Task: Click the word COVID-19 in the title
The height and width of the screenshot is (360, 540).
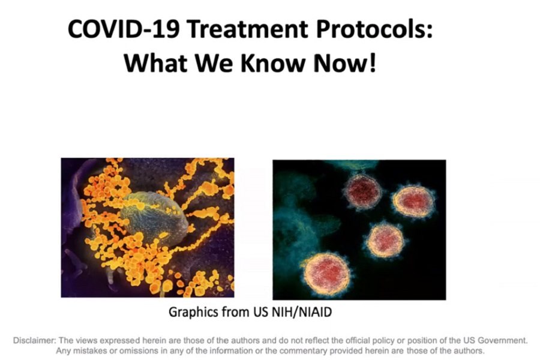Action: [x=124, y=29]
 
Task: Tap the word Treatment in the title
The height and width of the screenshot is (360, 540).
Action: [x=248, y=29]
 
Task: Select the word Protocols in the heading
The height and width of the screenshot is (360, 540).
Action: [x=374, y=29]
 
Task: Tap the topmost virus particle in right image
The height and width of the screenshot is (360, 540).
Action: [x=362, y=191]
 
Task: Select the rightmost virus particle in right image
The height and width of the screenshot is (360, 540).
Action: [x=413, y=201]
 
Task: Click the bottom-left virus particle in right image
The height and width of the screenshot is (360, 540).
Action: [x=327, y=274]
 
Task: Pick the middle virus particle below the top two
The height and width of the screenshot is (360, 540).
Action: [x=385, y=240]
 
